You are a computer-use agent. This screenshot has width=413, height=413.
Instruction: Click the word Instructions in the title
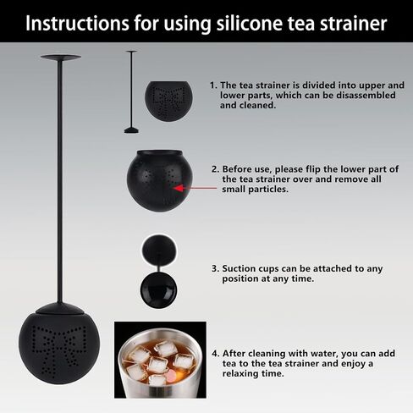pos(77,23)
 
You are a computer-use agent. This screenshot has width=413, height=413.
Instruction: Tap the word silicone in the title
pos(249,23)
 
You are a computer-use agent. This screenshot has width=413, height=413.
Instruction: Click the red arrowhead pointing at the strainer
pos(179,188)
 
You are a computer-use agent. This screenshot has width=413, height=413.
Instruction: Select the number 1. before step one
pos(213,85)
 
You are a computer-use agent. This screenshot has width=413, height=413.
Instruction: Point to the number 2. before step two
pos(216,169)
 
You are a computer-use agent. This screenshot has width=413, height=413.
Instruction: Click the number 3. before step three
pos(216,268)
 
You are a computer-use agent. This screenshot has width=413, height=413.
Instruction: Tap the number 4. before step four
pos(216,353)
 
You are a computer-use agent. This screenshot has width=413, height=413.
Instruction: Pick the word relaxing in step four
pos(241,374)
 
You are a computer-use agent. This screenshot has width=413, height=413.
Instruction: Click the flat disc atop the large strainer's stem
pos(61,58)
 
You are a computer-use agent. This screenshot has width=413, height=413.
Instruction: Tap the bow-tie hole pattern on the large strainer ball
pos(59,350)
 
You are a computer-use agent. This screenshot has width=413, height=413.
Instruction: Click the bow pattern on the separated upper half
pos(168,98)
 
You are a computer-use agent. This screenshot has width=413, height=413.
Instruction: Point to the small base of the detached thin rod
pos(131,130)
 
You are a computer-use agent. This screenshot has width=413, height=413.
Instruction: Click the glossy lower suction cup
pos(158,289)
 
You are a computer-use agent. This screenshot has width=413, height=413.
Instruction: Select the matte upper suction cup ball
pos(159,250)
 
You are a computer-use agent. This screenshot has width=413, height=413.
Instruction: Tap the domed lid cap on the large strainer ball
pos(60,309)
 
